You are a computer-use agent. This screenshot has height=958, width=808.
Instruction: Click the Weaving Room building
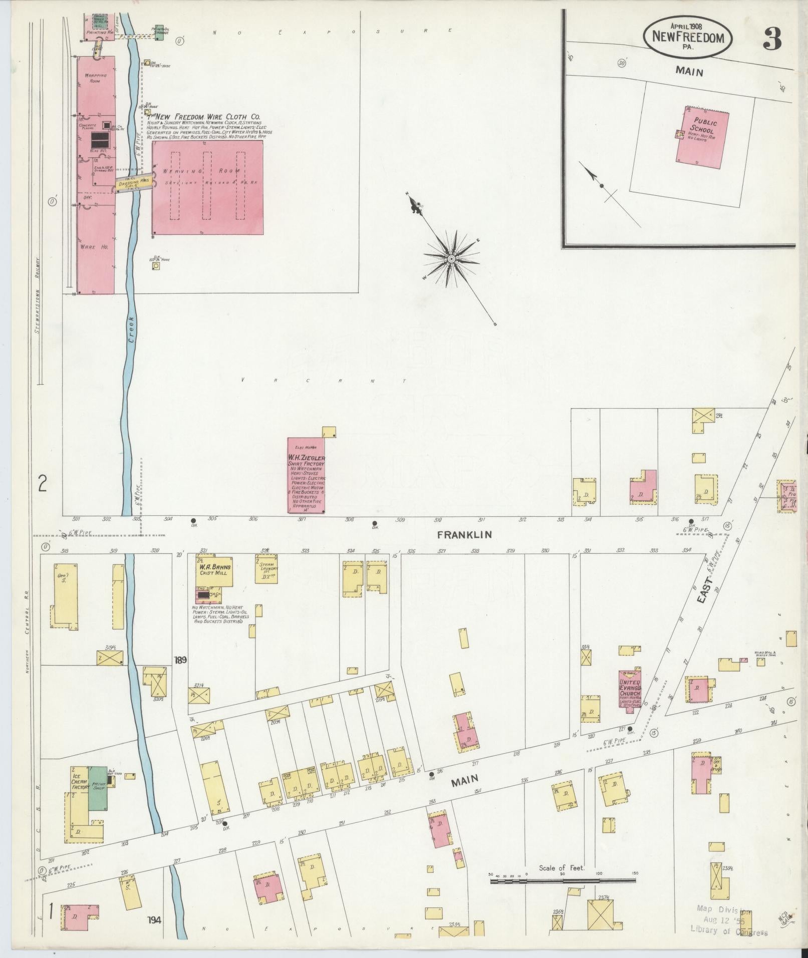(207, 187)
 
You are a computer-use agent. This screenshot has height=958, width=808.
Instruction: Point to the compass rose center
(451, 259)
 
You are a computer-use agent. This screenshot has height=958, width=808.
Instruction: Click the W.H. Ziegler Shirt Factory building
(306, 475)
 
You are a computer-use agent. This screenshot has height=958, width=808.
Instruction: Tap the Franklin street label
(464, 534)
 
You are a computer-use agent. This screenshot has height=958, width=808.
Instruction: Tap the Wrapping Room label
(95, 78)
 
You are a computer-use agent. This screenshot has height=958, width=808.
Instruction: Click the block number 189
(180, 660)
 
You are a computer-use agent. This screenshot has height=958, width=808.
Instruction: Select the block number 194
(154, 919)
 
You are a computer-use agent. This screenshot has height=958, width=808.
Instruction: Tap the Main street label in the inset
(689, 72)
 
